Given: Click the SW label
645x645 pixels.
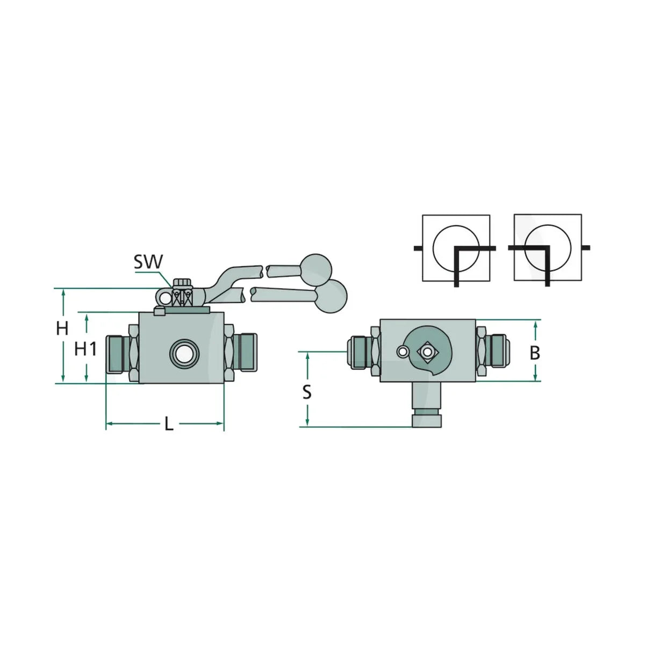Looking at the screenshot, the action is point(148,262).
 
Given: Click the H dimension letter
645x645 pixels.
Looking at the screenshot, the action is point(62,328).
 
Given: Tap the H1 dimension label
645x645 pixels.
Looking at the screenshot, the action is point(85,349).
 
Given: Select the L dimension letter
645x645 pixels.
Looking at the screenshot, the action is point(169,425).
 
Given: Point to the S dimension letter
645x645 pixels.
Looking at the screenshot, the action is point(306,392).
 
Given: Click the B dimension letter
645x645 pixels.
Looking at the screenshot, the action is point(535,353).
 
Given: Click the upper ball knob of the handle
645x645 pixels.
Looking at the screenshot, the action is point(316,270).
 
